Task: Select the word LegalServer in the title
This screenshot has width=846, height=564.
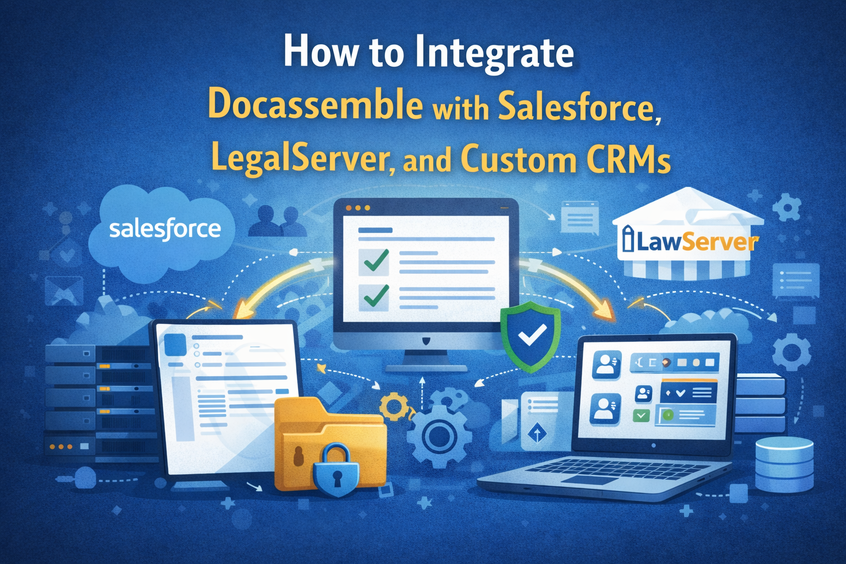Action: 302,159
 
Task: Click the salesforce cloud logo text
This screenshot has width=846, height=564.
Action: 165,229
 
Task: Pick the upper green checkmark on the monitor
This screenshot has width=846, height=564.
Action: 374,261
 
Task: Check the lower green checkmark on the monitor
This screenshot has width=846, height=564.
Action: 374,296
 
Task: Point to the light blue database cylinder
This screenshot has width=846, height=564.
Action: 784,463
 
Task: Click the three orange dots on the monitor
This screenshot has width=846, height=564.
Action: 357,208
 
